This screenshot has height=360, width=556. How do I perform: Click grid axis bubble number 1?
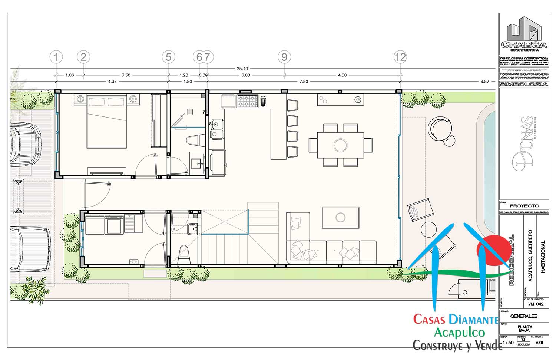[x=56, y=57]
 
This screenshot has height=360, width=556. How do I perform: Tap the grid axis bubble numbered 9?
[x=284, y=57]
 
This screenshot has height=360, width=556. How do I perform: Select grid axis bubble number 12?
[x=400, y=57]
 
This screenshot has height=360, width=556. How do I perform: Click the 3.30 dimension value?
[x=126, y=75]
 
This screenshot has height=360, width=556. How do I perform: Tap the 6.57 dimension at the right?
[x=485, y=82]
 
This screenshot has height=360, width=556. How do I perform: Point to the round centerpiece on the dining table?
[x=340, y=144]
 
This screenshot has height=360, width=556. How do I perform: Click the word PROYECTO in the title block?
[x=524, y=206]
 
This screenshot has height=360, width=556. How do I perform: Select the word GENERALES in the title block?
[x=524, y=316]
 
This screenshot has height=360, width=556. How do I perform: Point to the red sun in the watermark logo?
[x=491, y=250]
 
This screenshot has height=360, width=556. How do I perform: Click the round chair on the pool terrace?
[x=440, y=128]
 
